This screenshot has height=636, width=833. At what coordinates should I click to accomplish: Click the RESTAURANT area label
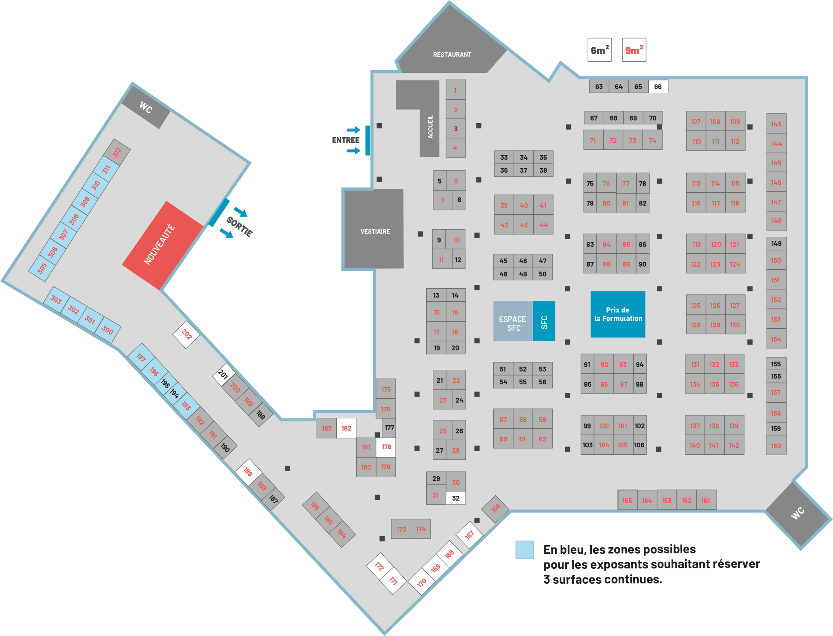(x=452, y=55)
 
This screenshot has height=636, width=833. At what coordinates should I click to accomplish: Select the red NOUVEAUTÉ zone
(x=162, y=245)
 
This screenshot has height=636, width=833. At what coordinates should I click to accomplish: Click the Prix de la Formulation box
(x=618, y=314)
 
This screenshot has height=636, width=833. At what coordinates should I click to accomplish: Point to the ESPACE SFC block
(x=512, y=321)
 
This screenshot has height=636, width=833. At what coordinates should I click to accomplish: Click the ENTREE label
(x=346, y=140)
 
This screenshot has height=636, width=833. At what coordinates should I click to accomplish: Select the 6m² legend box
(x=599, y=50)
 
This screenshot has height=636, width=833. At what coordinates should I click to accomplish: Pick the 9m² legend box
(x=634, y=50)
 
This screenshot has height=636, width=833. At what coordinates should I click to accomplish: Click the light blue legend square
(x=525, y=550)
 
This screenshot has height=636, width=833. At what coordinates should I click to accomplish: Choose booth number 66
(x=658, y=87)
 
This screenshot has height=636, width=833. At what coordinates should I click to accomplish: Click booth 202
(x=186, y=334)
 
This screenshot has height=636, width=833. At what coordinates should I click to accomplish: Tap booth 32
(x=456, y=498)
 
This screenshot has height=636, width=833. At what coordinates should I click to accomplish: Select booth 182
(x=346, y=428)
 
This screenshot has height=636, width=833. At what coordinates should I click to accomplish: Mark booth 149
(x=776, y=244)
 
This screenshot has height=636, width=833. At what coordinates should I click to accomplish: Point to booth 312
(x=117, y=152)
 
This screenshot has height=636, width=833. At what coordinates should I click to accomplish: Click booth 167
(x=469, y=535)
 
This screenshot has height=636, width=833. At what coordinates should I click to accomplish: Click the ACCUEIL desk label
(x=430, y=126)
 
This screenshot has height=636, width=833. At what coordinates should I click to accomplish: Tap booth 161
(x=706, y=500)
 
